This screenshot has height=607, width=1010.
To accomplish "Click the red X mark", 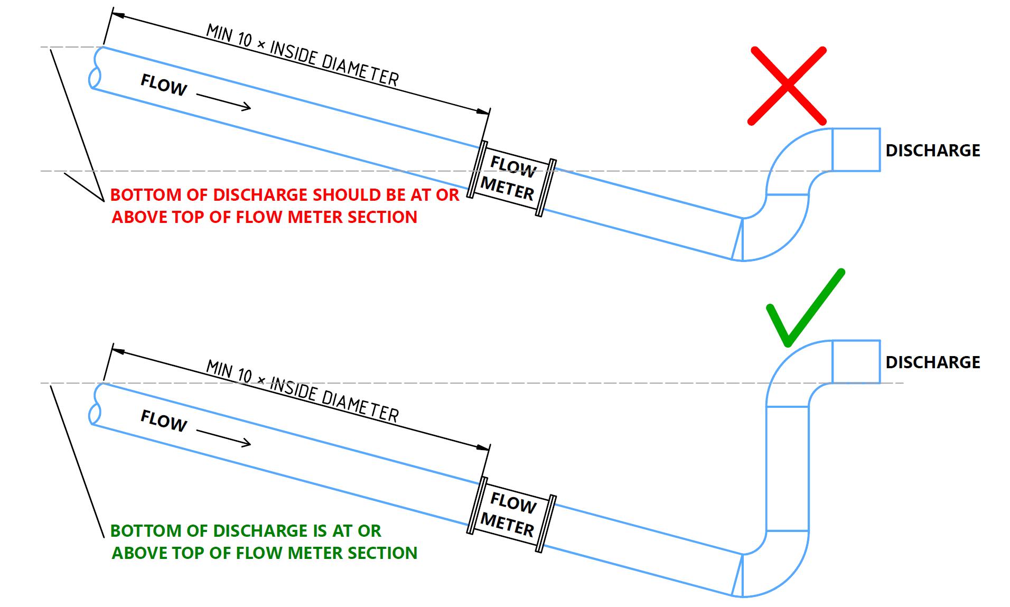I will (787, 86).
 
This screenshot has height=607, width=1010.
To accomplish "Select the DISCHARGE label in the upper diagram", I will (932, 151).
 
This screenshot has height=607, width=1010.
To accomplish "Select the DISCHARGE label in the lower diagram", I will (932, 362).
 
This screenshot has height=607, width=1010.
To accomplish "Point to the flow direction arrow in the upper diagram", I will (223, 102).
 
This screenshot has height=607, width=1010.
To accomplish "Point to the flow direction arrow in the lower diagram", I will (223, 437).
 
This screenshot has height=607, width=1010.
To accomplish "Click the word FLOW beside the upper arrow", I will (164, 85).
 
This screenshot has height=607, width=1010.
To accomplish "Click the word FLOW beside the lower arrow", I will (164, 421).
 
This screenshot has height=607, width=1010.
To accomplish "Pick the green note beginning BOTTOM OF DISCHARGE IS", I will (264, 541).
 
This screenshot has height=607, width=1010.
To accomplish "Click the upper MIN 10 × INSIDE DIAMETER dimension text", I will (302, 55).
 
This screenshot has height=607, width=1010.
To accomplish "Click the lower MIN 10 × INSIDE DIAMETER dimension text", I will (302, 391).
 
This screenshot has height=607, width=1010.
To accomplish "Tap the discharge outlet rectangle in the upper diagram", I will (856, 150).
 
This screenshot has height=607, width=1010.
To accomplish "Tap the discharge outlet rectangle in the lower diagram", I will (856, 361).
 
